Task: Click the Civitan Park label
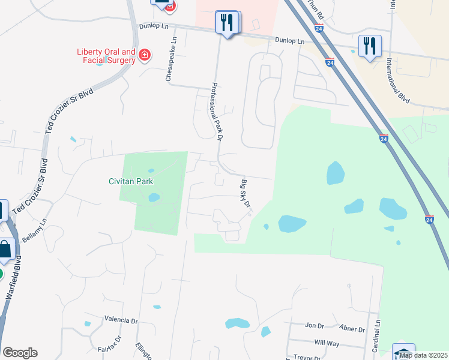coord(131,181)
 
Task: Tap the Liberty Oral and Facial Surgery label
coord(106,56)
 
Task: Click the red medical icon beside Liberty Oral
coord(144,56)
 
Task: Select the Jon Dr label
coord(315,326)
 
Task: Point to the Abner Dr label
coord(352,329)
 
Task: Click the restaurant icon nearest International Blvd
coord(368,46)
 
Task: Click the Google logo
coord(20,353)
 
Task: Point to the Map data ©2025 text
coord(423,355)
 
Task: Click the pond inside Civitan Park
coord(153,197)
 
